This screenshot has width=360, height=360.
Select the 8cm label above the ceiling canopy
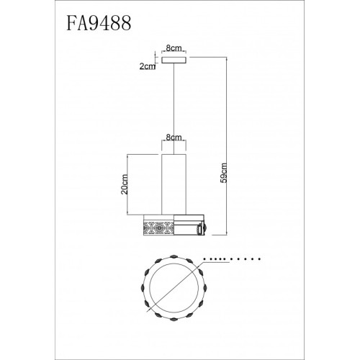click(x=174, y=48)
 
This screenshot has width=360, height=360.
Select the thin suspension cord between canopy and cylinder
click(x=174, y=108)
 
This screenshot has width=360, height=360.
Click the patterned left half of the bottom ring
click(x=158, y=226)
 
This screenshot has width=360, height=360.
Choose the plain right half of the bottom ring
click(x=189, y=226)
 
